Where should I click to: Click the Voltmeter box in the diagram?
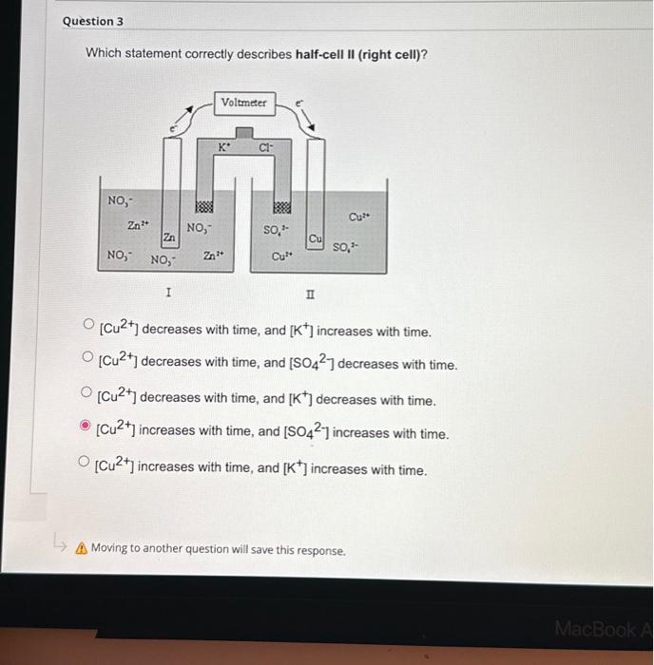[x=244, y=102]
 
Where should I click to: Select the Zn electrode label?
[x=168, y=237]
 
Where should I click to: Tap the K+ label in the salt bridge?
[x=223, y=147]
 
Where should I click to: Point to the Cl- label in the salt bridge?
[x=266, y=148]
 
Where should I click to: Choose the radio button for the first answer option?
[x=88, y=329]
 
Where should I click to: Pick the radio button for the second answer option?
[x=87, y=361]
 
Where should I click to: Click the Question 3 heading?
[x=93, y=21]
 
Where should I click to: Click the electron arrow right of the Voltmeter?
[x=306, y=116]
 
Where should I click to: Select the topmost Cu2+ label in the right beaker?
[x=358, y=217]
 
